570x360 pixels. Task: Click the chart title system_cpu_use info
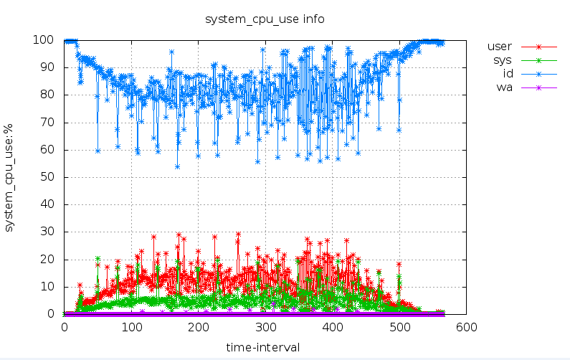(265, 19)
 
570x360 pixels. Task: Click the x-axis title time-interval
(263, 347)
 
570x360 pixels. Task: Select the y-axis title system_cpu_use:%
(10, 177)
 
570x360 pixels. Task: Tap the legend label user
(499, 47)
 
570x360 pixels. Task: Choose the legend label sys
(502, 60)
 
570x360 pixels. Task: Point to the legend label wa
(504, 87)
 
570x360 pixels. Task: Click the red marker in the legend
(539, 47)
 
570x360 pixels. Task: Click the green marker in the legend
(539, 60)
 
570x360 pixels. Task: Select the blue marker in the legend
(539, 74)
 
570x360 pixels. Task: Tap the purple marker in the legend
(539, 87)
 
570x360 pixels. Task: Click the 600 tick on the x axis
(467, 327)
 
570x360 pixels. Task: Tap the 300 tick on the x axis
(265, 327)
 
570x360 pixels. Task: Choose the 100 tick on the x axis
(131, 327)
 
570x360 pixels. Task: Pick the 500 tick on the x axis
(399, 327)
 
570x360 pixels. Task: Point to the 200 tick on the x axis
(199, 327)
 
